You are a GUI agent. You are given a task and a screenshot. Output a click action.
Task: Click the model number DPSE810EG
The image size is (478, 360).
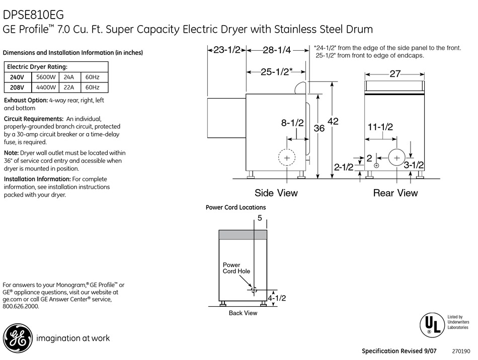click(x=33, y=15)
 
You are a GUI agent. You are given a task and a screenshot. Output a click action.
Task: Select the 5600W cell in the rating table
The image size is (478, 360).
click(x=46, y=77)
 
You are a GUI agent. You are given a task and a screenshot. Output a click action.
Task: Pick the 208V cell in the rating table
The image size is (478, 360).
click(x=17, y=87)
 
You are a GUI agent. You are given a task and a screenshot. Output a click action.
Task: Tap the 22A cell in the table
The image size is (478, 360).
click(x=69, y=87)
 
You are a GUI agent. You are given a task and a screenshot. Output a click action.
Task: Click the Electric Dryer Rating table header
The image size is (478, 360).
click(x=37, y=67)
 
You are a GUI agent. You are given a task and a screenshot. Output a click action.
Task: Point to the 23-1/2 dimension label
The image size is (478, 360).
click(x=227, y=50)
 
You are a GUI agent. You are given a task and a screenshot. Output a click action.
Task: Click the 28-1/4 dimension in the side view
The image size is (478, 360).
click(x=277, y=50)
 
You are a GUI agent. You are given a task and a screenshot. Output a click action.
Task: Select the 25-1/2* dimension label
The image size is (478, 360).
click(x=277, y=72)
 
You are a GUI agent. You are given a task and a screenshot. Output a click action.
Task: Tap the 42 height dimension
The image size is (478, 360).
click(x=333, y=121)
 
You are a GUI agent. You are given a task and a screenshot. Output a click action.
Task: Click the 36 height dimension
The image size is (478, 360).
click(x=319, y=128)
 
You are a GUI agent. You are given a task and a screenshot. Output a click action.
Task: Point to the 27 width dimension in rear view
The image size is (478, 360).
click(x=395, y=74)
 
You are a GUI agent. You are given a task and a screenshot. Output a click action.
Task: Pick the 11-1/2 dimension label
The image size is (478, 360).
click(x=380, y=127)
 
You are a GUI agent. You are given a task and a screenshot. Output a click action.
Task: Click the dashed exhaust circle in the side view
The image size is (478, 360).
click(x=287, y=158)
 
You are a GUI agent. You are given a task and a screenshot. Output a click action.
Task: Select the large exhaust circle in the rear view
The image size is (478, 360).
click(x=396, y=158)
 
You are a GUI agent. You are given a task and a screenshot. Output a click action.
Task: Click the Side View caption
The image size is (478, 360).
click(x=276, y=193)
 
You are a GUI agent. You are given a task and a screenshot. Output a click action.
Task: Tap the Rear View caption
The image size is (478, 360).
click(x=395, y=193)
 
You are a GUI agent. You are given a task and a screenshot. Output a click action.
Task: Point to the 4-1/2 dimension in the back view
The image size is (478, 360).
click(x=277, y=298)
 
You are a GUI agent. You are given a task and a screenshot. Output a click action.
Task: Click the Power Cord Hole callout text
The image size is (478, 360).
click(x=236, y=268)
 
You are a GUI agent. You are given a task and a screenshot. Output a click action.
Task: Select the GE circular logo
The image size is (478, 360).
click(x=18, y=338)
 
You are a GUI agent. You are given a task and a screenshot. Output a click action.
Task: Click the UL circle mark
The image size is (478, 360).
click(x=432, y=325)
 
